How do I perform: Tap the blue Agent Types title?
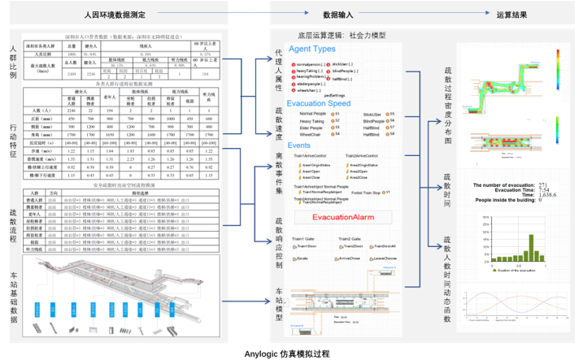(306, 50)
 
